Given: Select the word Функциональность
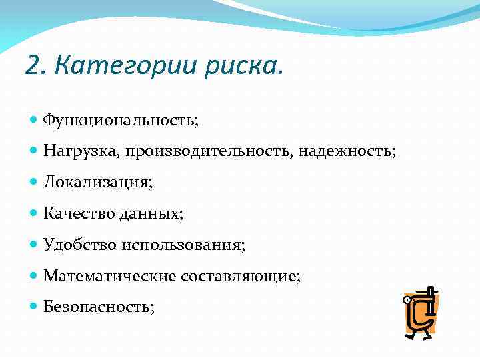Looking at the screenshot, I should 120,121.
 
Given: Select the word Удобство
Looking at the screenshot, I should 79,245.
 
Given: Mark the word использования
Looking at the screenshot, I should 183,245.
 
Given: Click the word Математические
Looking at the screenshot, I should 108,275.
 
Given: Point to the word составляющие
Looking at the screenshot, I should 239,275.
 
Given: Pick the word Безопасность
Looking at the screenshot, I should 98,307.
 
